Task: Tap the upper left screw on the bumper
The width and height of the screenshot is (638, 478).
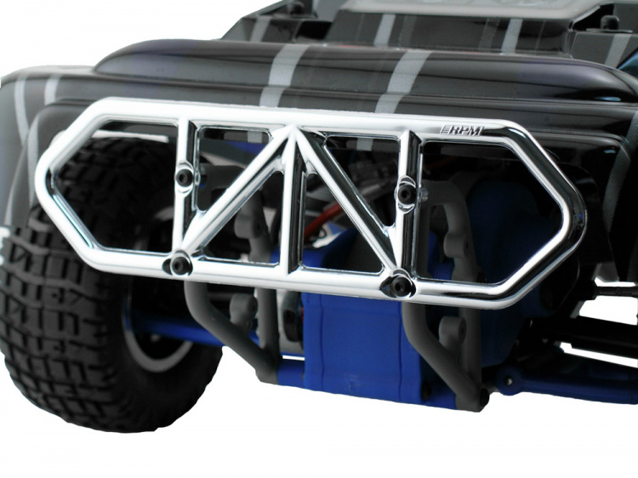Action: click(185, 176)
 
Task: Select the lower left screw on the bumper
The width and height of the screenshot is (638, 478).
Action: click(178, 265)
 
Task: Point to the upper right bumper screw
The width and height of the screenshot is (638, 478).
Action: click(407, 195)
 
